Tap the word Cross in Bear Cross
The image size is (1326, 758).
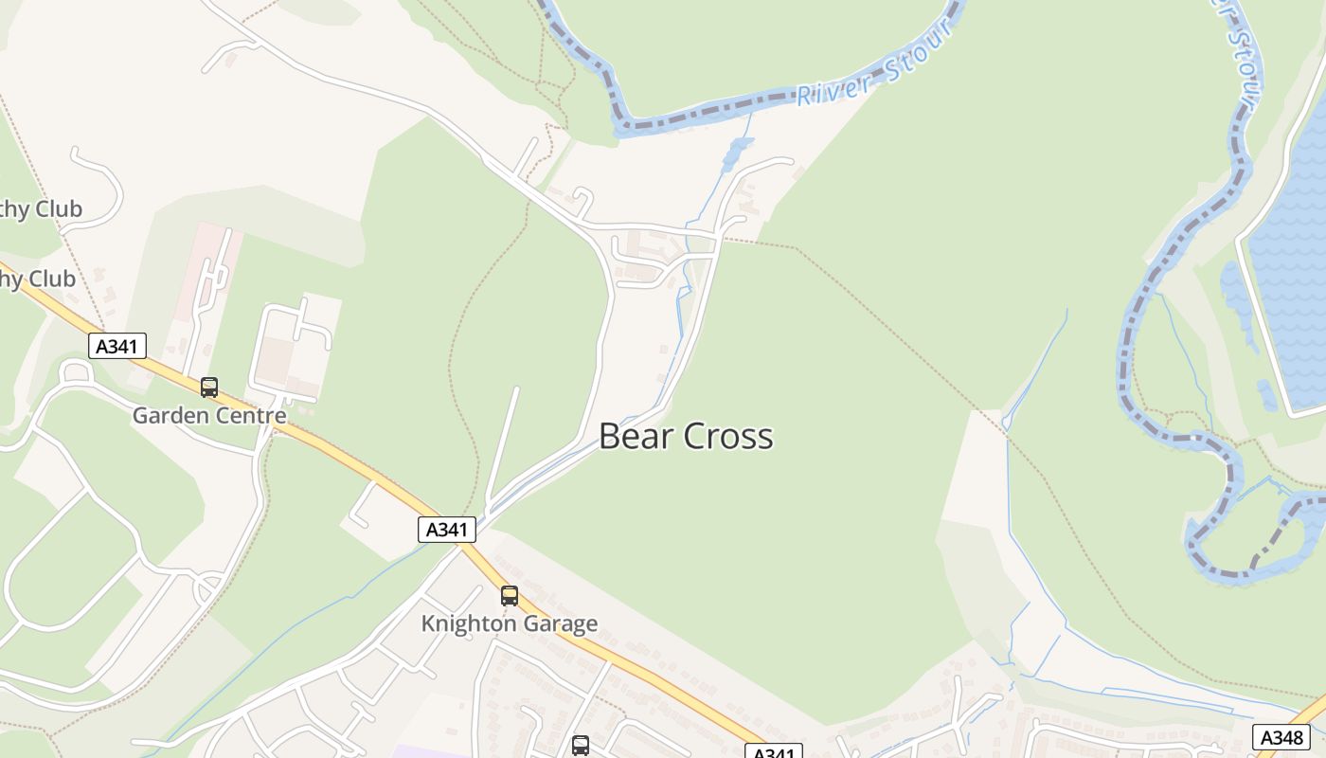coord(728,437)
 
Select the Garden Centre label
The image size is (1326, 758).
coord(208,416)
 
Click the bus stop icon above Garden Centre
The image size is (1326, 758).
coord(209,388)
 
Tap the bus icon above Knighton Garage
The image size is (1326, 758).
coord(510,596)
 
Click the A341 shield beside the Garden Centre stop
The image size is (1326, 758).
coord(117,346)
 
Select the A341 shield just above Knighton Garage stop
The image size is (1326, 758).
coord(446,530)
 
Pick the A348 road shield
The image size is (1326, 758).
coord(1281,737)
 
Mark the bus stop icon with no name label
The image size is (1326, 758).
coord(581,746)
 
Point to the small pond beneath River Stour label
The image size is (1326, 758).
coord(737,152)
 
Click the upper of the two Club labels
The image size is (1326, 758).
coord(42,209)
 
